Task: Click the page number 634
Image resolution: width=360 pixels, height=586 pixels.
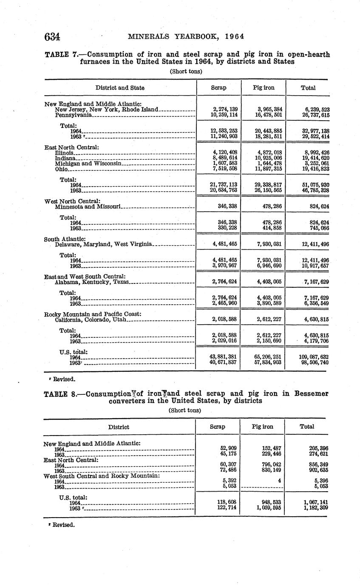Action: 52,37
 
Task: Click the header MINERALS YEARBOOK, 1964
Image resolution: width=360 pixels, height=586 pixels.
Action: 186,37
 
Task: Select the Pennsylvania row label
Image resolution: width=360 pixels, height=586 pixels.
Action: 73,115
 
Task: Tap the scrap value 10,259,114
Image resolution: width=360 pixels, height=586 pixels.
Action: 224,115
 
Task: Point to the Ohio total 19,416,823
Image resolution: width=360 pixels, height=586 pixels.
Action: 313,169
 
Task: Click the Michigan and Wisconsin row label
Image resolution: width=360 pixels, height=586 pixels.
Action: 89,163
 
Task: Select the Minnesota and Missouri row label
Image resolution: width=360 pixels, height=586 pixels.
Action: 88,207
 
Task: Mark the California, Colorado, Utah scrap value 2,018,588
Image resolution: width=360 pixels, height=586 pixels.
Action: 224,319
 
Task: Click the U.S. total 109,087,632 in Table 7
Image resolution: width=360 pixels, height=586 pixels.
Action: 313,357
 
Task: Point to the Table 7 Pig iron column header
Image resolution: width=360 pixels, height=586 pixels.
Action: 264,88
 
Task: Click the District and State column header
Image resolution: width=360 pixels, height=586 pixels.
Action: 120,88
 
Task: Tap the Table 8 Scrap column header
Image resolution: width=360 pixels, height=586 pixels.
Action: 218,427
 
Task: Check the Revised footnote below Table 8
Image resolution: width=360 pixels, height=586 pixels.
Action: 62,524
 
